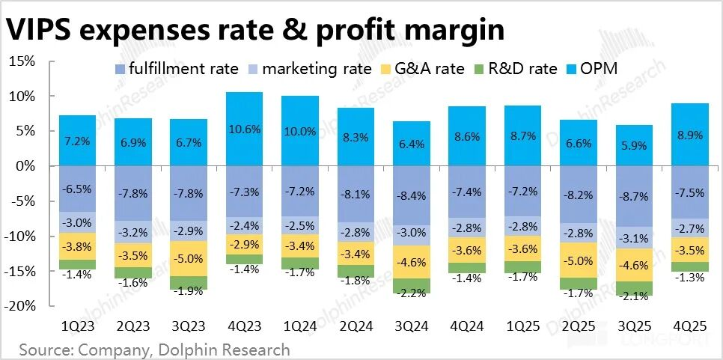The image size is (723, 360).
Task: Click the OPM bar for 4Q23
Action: click(245, 129)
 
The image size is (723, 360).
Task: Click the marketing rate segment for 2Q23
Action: click(134, 232)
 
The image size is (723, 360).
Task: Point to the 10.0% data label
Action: click(300, 131)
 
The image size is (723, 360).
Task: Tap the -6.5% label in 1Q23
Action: click(79, 189)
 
